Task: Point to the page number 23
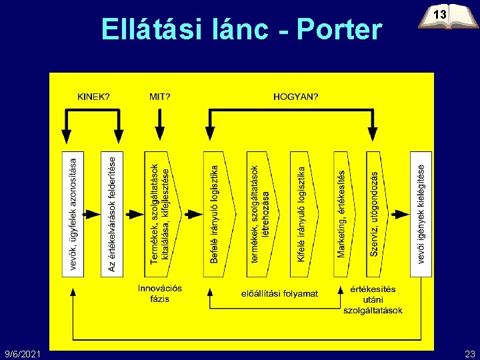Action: [469, 352]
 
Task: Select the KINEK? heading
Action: [94, 96]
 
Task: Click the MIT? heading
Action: [159, 96]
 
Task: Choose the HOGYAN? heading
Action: [296, 96]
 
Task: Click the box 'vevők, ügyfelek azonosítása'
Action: [73, 214]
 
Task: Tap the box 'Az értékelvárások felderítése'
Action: [111, 214]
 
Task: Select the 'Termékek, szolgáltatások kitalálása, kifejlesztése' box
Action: [158, 214]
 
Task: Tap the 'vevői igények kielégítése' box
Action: [421, 214]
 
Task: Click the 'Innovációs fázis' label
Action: [160, 293]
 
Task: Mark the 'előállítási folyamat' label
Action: [279, 293]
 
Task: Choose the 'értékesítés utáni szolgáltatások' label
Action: [373, 299]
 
